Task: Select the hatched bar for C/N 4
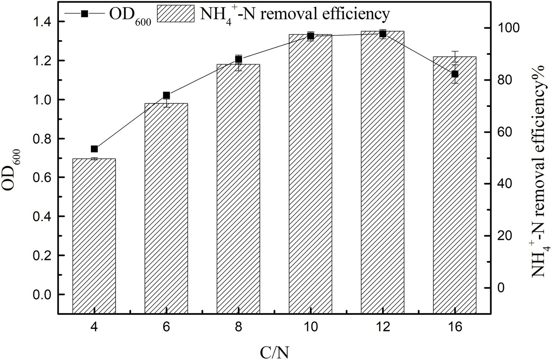pos(94,236)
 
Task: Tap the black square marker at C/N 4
pos(95,149)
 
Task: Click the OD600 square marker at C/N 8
pos(238,59)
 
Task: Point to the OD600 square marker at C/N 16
pos(455,74)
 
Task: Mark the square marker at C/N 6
pos(166,95)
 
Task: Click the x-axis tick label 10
pos(310,328)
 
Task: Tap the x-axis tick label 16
pos(455,328)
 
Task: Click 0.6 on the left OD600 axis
pos(42,178)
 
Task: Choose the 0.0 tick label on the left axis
pos(42,295)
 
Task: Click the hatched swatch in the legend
pos(177,14)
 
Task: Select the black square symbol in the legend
pos(84,14)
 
